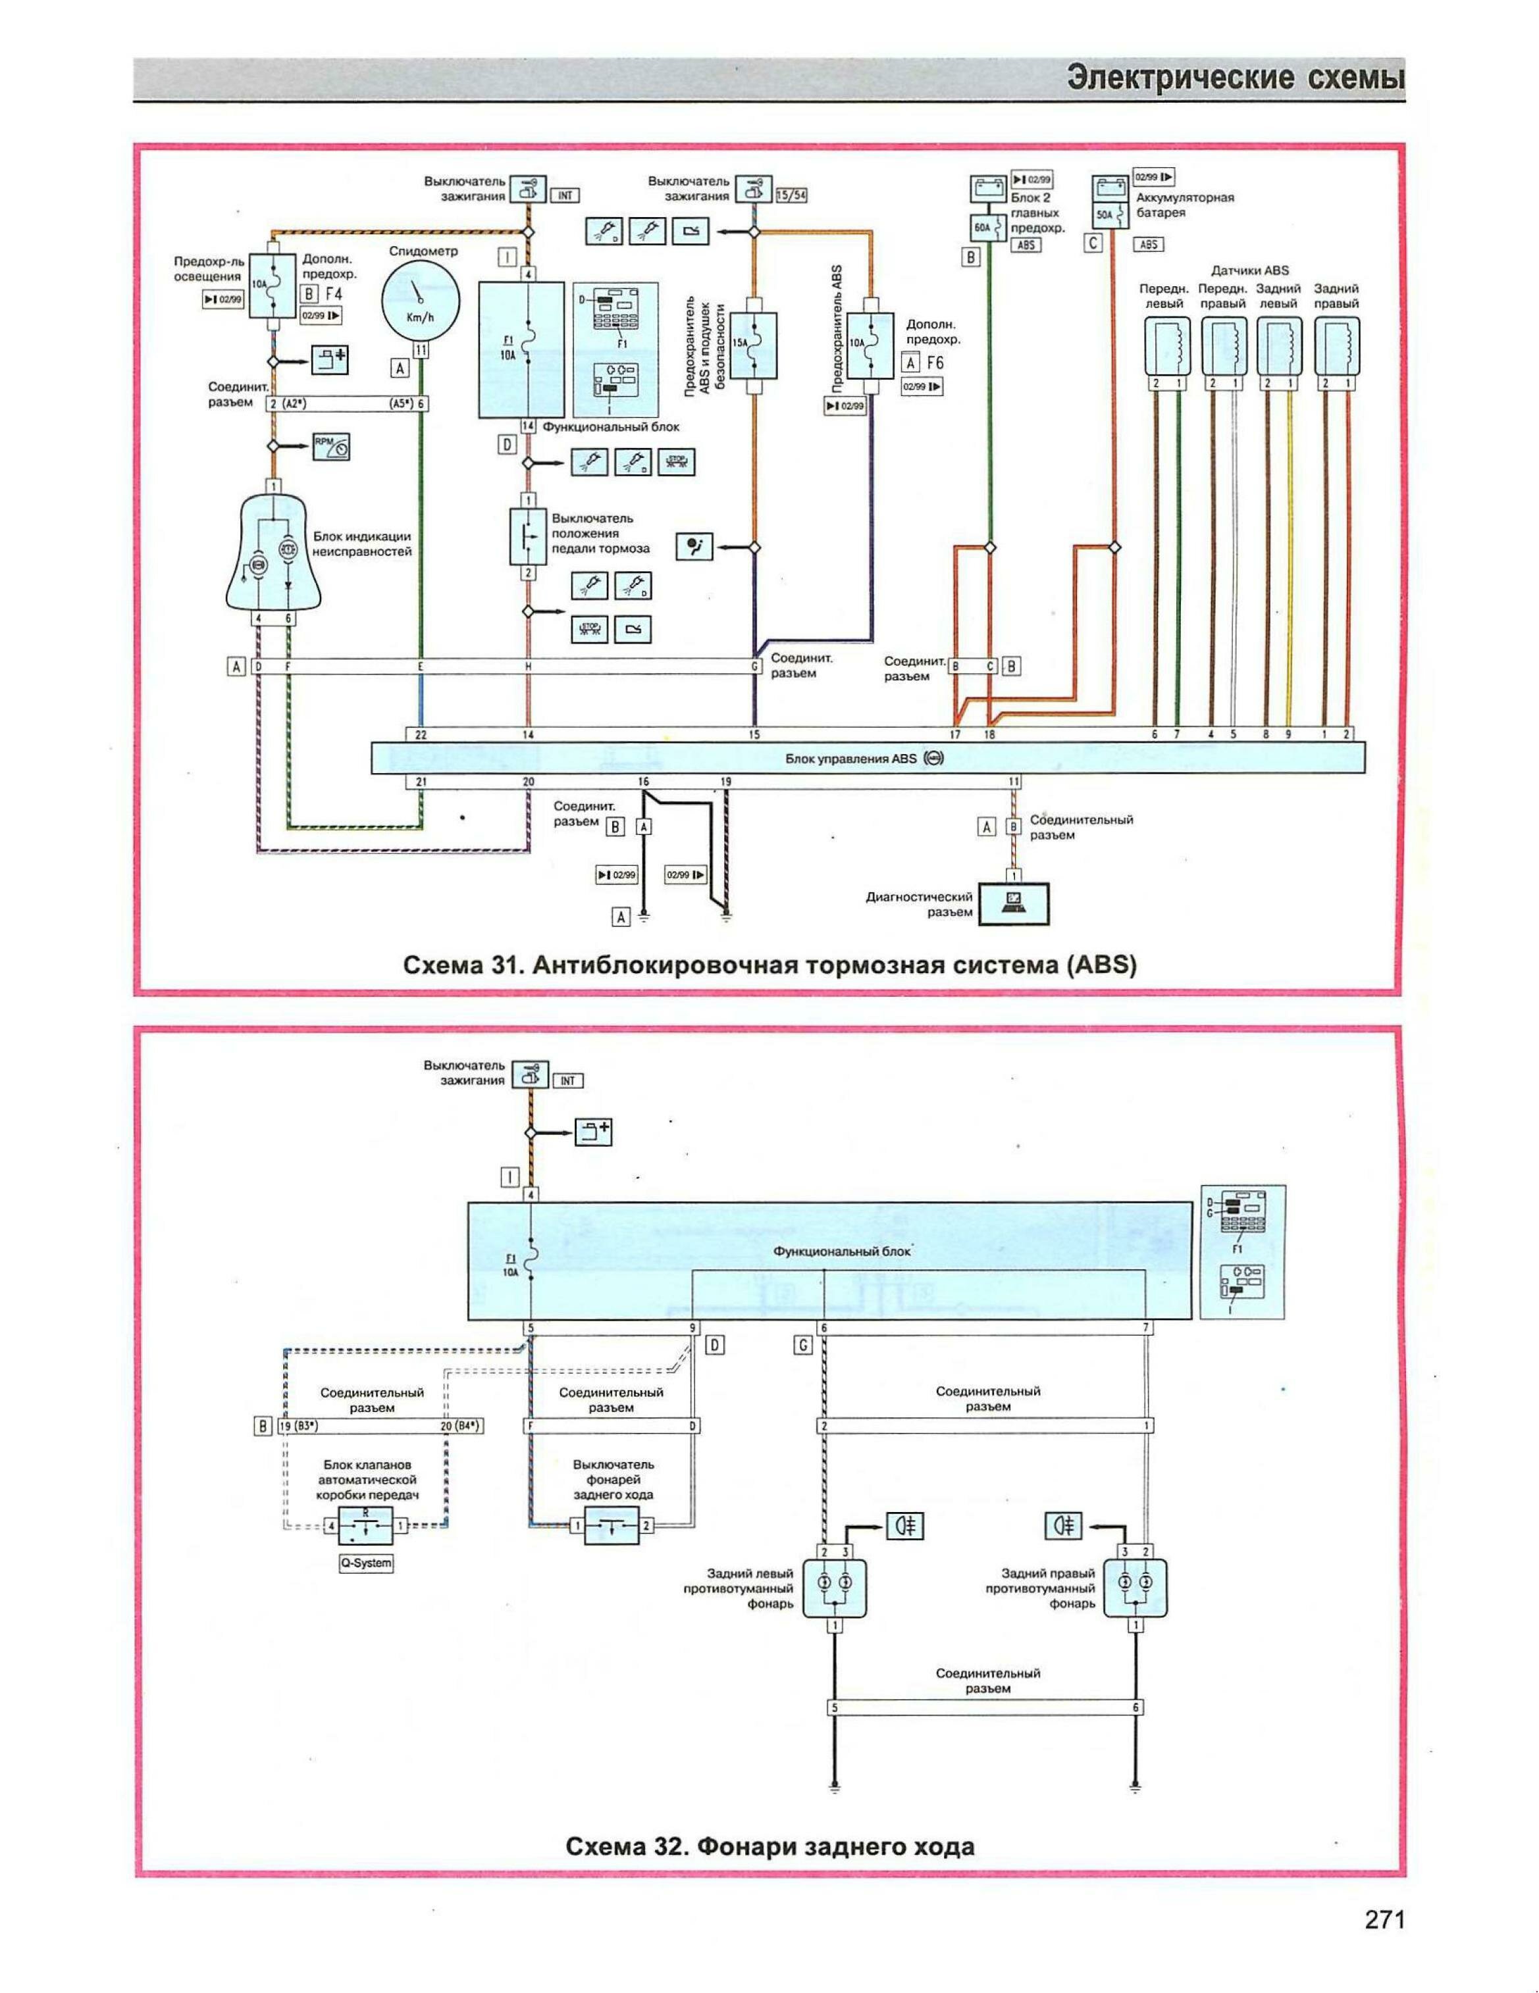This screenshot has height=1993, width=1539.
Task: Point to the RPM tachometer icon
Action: pos(331,446)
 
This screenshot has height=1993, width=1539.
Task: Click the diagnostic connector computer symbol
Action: pos(1014,904)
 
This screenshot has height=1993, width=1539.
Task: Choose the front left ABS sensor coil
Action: pos(1168,346)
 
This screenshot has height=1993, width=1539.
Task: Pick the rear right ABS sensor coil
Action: pos(1338,346)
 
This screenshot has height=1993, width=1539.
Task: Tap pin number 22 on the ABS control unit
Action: pos(420,734)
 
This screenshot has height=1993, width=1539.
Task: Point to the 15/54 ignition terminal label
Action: pos(791,194)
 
